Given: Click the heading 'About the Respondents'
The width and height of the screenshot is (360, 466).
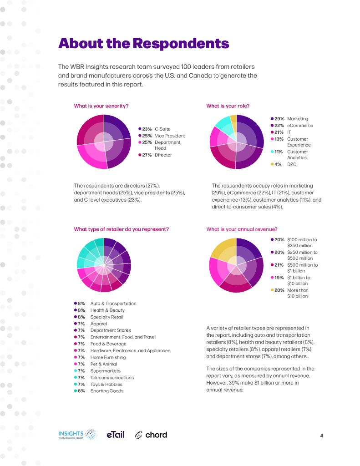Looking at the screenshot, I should [x=143, y=44].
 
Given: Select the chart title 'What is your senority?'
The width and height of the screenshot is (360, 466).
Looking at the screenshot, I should [x=101, y=106].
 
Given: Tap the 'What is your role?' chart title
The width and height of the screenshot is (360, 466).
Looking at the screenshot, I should [x=228, y=106].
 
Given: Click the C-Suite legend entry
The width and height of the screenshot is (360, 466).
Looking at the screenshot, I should [x=155, y=129].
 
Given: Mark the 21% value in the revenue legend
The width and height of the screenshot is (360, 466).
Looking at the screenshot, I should [x=279, y=265].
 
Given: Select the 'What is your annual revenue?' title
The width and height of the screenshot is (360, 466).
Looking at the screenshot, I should [x=242, y=229].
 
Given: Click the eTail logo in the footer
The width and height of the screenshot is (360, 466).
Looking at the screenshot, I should [x=115, y=435].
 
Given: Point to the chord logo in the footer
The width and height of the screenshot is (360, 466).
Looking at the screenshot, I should [x=151, y=435].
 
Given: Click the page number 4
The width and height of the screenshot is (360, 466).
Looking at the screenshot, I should [x=321, y=436].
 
